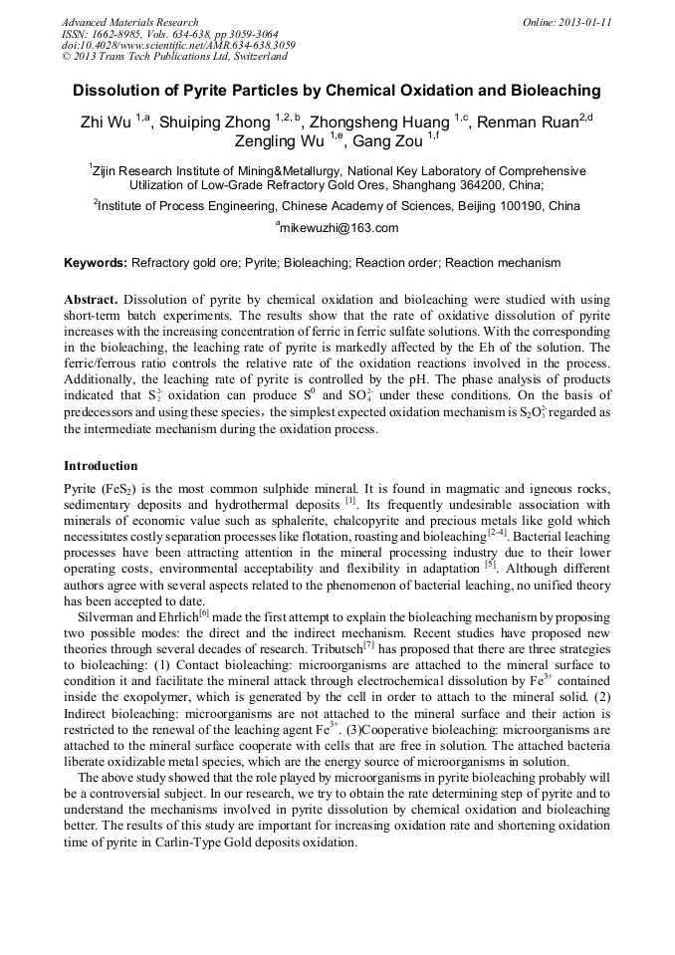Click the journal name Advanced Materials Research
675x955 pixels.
(x=129, y=22)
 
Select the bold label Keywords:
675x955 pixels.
(x=96, y=263)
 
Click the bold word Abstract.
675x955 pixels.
(x=92, y=300)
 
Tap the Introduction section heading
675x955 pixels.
(x=101, y=466)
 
